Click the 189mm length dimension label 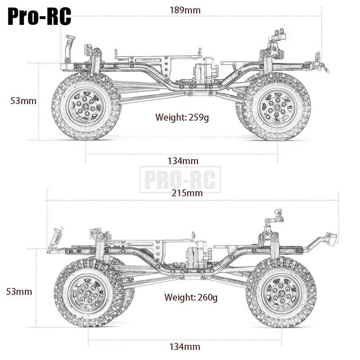point(185,10)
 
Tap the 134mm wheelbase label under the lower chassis point(185,347)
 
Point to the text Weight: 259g point(182,117)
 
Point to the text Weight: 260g point(191,297)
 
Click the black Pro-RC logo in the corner point(39,17)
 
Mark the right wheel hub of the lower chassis point(281,294)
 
